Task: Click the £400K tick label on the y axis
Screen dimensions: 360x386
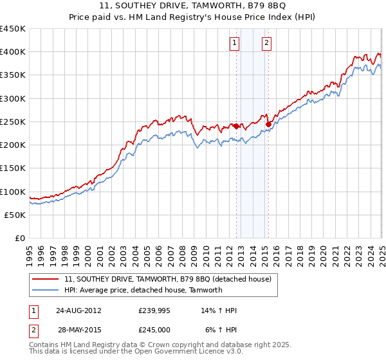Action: [13, 52]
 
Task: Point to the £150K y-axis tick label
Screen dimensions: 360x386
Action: [13, 168]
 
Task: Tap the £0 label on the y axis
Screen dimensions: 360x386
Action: [19, 239]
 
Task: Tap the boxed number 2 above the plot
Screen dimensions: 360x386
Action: [266, 44]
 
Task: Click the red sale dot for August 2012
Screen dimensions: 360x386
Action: [236, 126]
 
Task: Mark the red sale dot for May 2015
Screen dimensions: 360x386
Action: [268, 124]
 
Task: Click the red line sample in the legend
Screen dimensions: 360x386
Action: [46, 279]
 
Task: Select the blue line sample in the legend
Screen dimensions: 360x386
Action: [46, 290]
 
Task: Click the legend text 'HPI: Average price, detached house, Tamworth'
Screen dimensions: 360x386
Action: [143, 290]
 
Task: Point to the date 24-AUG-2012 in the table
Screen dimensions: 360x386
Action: [78, 310]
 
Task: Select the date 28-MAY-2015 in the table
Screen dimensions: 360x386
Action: [78, 330]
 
